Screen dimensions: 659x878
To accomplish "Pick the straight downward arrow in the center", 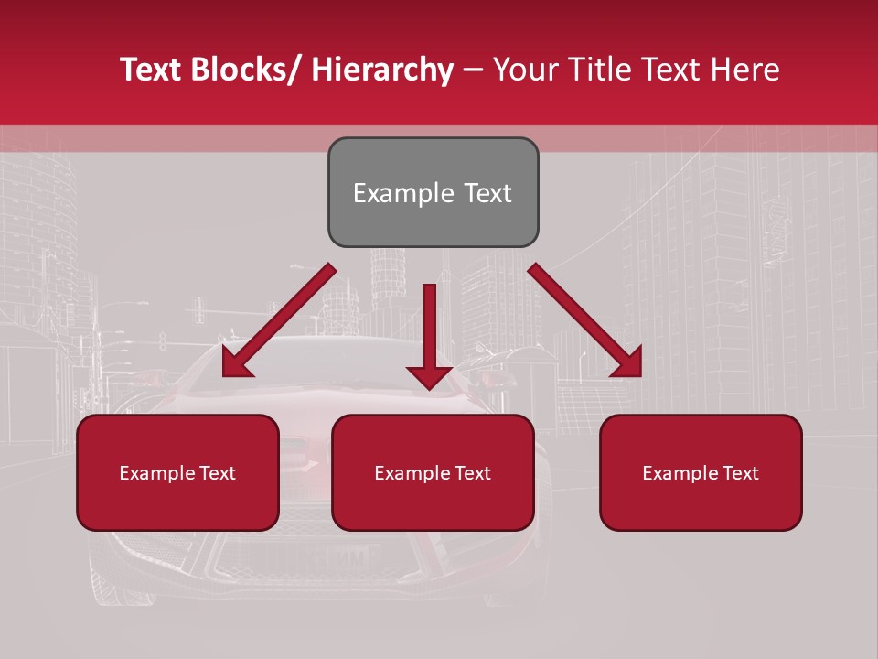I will [429, 334].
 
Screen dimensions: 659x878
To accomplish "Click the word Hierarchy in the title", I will [381, 70].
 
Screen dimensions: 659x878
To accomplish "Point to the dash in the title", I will [473, 70].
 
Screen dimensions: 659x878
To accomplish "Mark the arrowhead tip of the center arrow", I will [429, 389].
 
